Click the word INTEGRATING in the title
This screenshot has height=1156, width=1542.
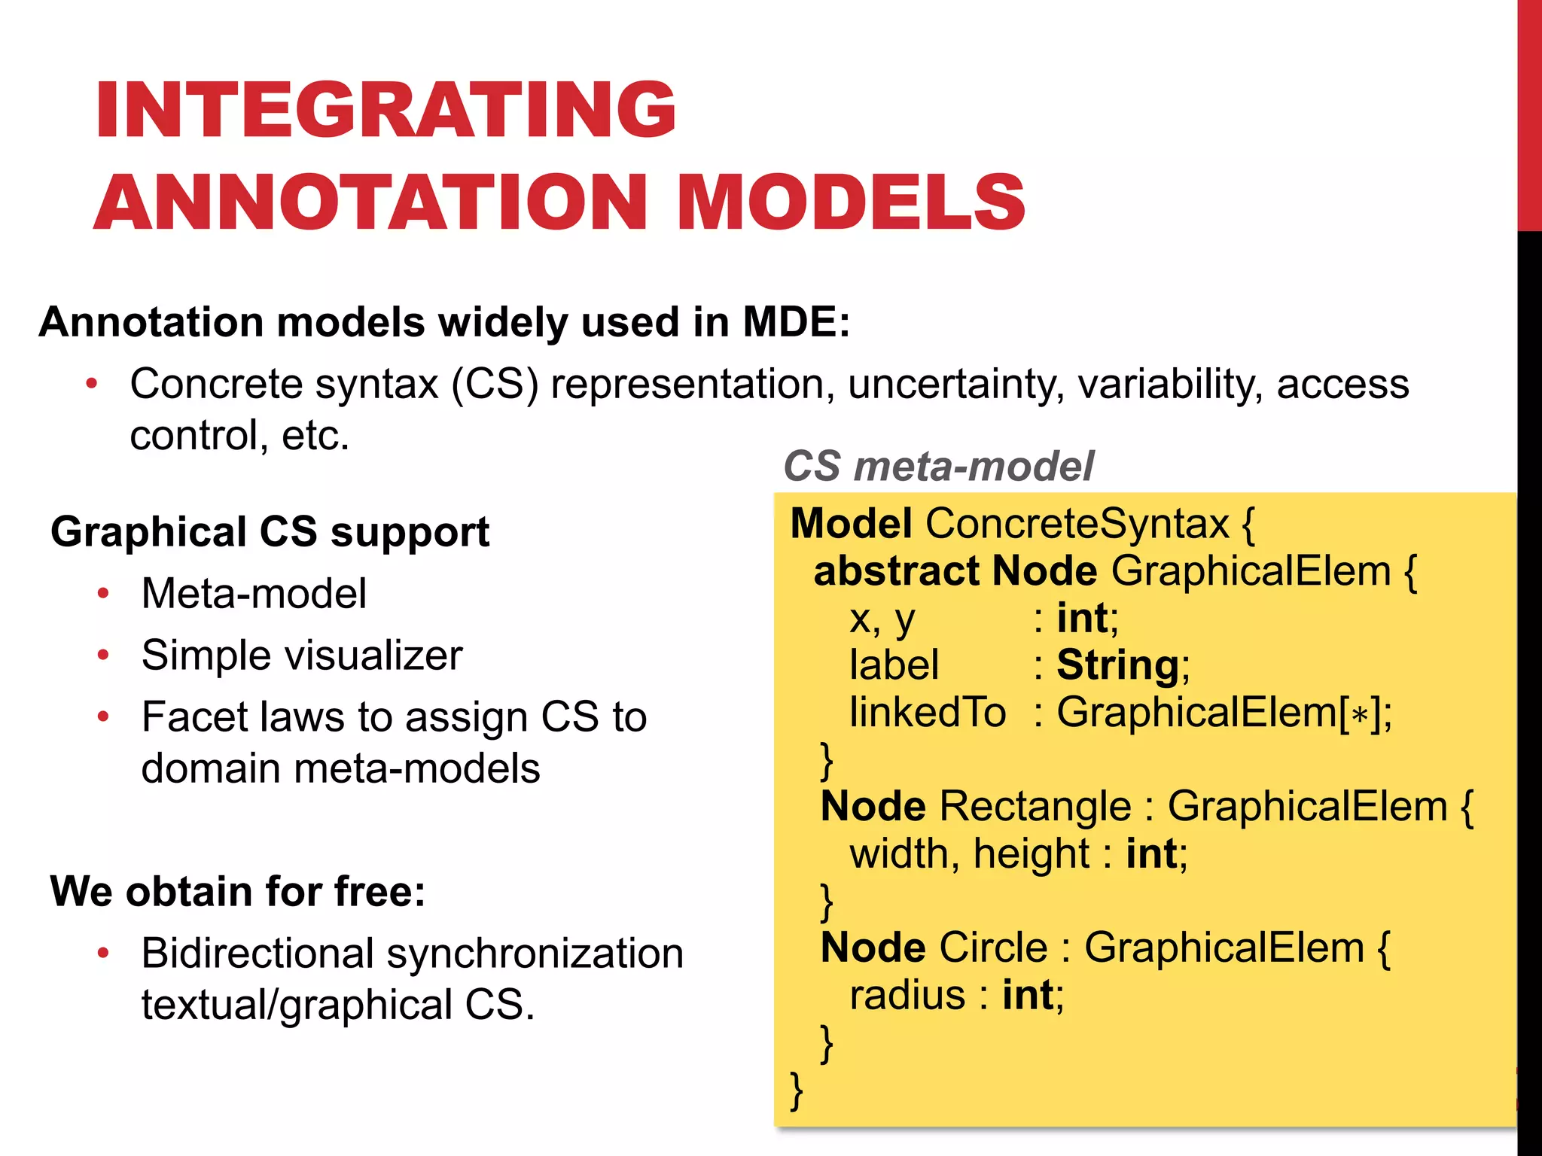pos(385,111)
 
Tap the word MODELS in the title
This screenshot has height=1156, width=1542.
pos(851,202)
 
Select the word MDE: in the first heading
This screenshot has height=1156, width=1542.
pos(796,322)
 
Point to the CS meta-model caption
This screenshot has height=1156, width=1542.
pos(938,466)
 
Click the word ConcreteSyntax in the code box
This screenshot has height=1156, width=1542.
pos(1077,523)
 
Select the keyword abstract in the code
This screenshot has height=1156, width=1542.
pos(896,570)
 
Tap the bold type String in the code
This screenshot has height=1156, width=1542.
pos(1117,665)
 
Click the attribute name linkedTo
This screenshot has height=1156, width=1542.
pos(928,712)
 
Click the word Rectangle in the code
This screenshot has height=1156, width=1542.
pos(1035,806)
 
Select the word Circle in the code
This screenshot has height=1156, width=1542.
pos(993,947)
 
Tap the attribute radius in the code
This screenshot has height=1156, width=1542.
pos(907,995)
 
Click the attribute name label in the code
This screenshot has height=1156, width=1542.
pos(894,665)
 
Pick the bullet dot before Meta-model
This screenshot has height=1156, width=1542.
pos(103,594)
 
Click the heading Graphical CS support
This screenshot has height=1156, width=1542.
pos(270,532)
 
